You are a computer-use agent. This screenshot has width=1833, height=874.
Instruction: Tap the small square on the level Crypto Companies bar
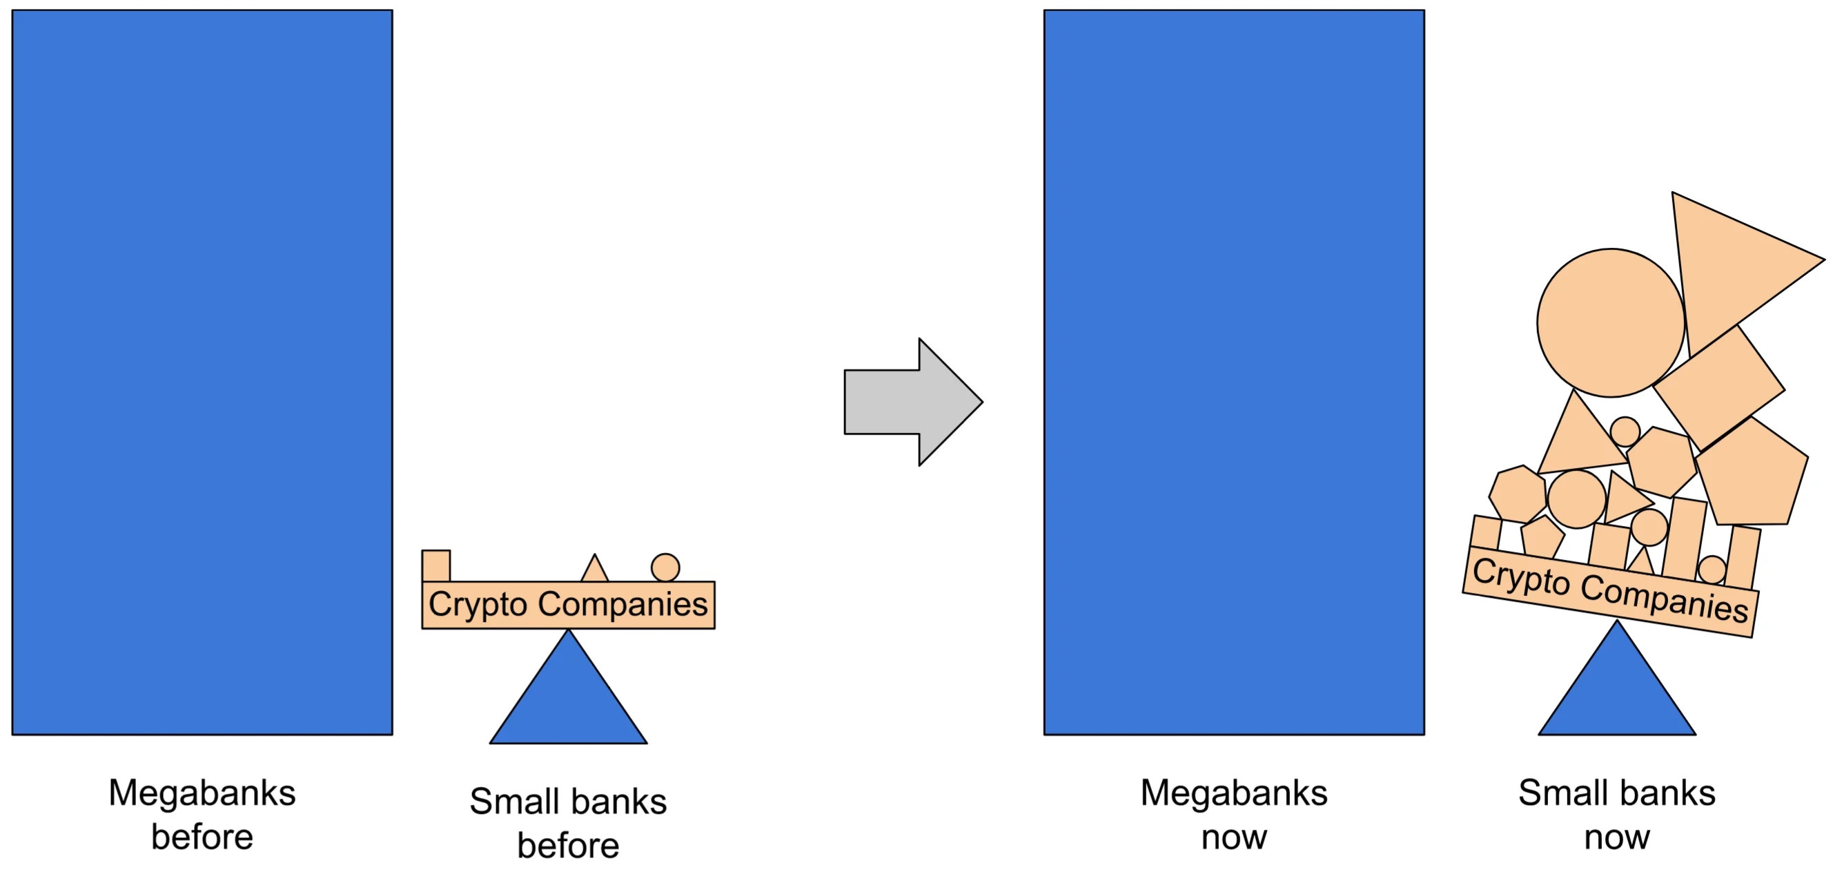pyautogui.click(x=435, y=566)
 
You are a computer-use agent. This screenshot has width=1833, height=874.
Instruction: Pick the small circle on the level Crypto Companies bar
pyautogui.click(x=665, y=568)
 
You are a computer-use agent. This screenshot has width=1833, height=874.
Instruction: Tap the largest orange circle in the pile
pyautogui.click(x=1611, y=322)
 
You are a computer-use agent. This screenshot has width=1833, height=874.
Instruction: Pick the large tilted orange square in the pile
pyautogui.click(x=1718, y=388)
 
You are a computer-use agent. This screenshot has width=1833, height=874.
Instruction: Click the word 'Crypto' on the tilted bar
pyautogui.click(x=1521, y=576)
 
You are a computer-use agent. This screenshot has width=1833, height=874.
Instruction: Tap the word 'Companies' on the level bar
pyautogui.click(x=623, y=605)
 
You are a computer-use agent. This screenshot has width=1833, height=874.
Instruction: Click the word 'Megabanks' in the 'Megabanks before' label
pyautogui.click(x=202, y=793)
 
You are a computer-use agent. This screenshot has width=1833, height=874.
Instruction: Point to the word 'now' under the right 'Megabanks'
pyautogui.click(x=1234, y=837)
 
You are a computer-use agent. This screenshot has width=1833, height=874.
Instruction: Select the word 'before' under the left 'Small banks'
pyautogui.click(x=568, y=846)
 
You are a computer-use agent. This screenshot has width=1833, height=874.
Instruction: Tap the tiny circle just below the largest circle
pyautogui.click(x=1625, y=431)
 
